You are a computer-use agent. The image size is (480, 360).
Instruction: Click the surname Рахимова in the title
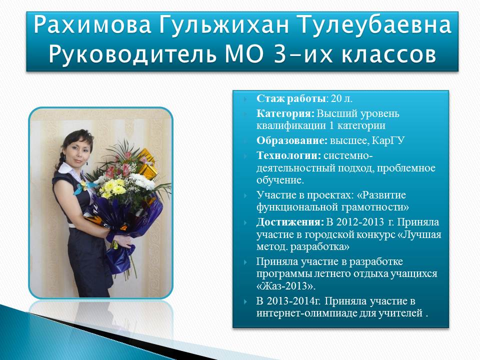[92, 25]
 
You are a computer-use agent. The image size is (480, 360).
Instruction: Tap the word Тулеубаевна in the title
[374, 25]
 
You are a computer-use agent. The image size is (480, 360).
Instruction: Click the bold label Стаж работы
[291, 98]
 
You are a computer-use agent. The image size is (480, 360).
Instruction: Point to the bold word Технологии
[288, 155]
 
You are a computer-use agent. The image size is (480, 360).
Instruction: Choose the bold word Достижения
[290, 222]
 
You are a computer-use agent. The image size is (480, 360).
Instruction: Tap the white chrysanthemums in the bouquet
[143, 181]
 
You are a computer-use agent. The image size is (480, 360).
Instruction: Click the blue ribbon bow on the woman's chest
[82, 186]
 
